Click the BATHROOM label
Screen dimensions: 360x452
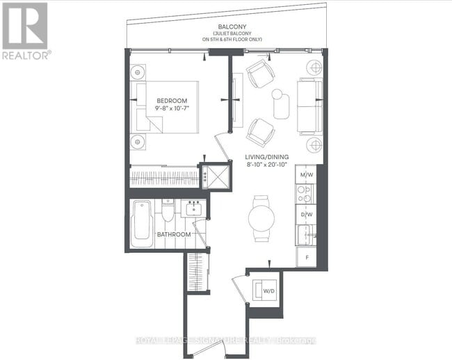pos(173,234)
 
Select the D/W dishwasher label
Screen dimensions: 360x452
pos(306,215)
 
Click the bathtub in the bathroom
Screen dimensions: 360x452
pos(142,220)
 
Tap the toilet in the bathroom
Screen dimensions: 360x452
pos(168,211)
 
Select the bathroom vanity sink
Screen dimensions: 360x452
pos(192,208)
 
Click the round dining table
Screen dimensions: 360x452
pos(262,217)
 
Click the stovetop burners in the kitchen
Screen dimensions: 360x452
pos(306,195)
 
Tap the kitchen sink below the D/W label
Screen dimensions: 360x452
pos(305,236)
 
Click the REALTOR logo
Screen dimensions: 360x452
pos(26,31)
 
